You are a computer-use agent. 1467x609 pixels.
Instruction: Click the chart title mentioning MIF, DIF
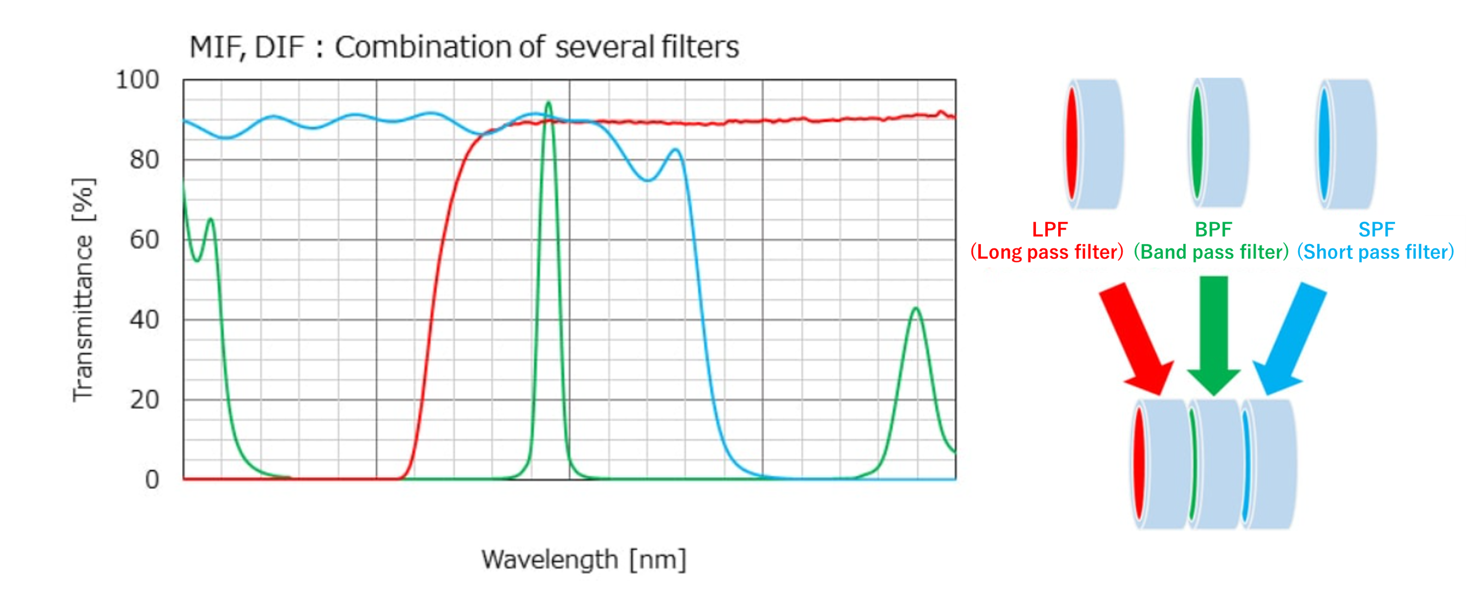[464, 47]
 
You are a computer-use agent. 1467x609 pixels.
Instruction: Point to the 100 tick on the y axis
[137, 80]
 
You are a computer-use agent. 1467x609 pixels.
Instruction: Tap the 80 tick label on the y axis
[144, 160]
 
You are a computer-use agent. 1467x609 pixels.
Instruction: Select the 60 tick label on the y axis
[144, 240]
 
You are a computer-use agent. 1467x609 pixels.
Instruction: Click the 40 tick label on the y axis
[144, 320]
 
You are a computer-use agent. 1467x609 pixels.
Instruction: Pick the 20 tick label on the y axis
[144, 400]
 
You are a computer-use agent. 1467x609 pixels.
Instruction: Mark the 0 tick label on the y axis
[151, 480]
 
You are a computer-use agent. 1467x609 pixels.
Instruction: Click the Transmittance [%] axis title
[83, 289]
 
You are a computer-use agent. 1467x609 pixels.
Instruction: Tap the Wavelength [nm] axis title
[583, 559]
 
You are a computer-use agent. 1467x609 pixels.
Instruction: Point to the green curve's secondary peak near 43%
[915, 309]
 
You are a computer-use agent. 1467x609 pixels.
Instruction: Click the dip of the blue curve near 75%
[648, 179]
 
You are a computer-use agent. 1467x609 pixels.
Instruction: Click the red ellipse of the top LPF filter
[1072, 142]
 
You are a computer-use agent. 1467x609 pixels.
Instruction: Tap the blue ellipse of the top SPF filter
[1323, 142]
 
